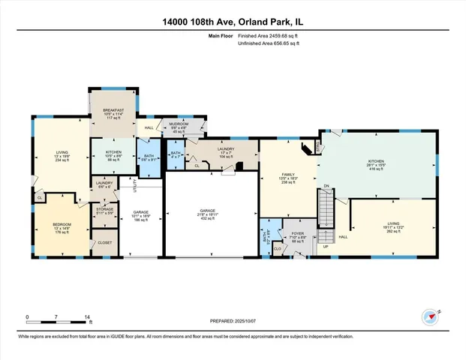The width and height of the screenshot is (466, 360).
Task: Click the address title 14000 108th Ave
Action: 233,21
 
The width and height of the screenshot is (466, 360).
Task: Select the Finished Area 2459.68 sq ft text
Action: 267,37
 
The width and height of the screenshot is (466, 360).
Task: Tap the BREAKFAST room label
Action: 114,111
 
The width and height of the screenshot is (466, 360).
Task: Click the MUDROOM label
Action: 179,124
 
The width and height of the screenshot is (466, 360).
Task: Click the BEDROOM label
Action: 62,224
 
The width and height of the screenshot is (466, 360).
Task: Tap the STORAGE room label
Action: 104,209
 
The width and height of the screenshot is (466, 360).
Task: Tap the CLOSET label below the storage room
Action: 104,242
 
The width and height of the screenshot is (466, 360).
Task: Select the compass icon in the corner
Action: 428,316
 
